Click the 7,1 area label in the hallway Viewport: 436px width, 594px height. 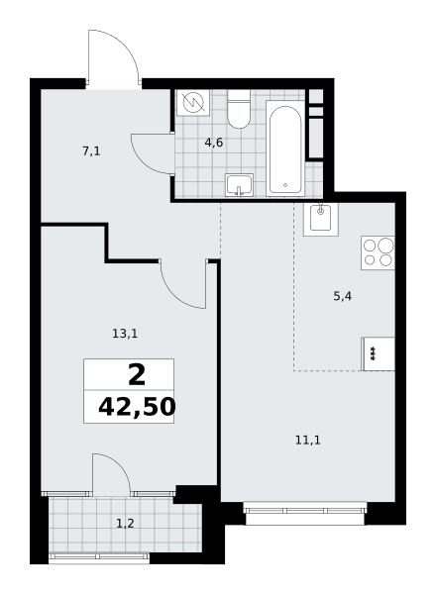tap(91, 151)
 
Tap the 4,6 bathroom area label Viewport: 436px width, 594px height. tap(214, 143)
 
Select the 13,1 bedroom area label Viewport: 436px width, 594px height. tap(125, 334)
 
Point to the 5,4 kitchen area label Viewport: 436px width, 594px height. tap(342, 296)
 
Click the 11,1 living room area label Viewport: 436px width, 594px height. tap(308, 441)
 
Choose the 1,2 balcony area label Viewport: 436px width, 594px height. tap(125, 524)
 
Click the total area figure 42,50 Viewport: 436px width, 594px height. tap(137, 407)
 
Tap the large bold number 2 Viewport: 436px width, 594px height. tap(137, 375)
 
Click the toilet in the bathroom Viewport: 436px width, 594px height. tap(239, 109)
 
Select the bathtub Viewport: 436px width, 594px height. tap(285, 148)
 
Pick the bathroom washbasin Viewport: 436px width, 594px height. tap(239, 185)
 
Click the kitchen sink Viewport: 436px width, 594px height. tap(321, 220)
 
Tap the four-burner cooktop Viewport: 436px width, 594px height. tap(378, 252)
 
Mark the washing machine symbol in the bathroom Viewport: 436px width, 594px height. tap(193, 103)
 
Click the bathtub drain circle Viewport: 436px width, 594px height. tap(285, 185)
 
